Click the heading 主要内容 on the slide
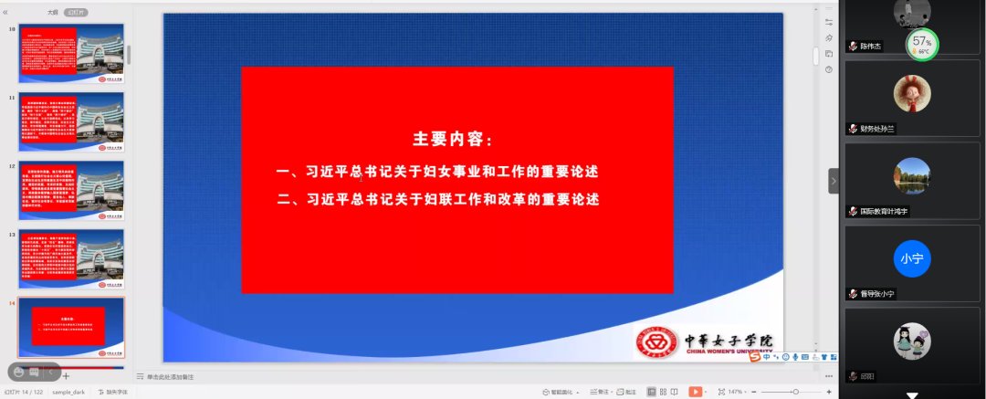click(453, 140)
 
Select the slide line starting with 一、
click(438, 171)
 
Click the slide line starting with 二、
click(438, 199)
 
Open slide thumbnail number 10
click(72, 55)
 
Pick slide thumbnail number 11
click(72, 122)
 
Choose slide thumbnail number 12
click(72, 191)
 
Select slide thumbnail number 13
click(72, 259)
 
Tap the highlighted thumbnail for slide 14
click(72, 327)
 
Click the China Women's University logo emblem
click(659, 342)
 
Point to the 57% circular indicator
click(922, 43)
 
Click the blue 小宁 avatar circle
click(911, 258)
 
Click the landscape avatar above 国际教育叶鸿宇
click(910, 175)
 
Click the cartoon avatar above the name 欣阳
click(911, 341)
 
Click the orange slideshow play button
click(696, 392)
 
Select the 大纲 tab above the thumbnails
click(53, 13)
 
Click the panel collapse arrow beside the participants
click(833, 181)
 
